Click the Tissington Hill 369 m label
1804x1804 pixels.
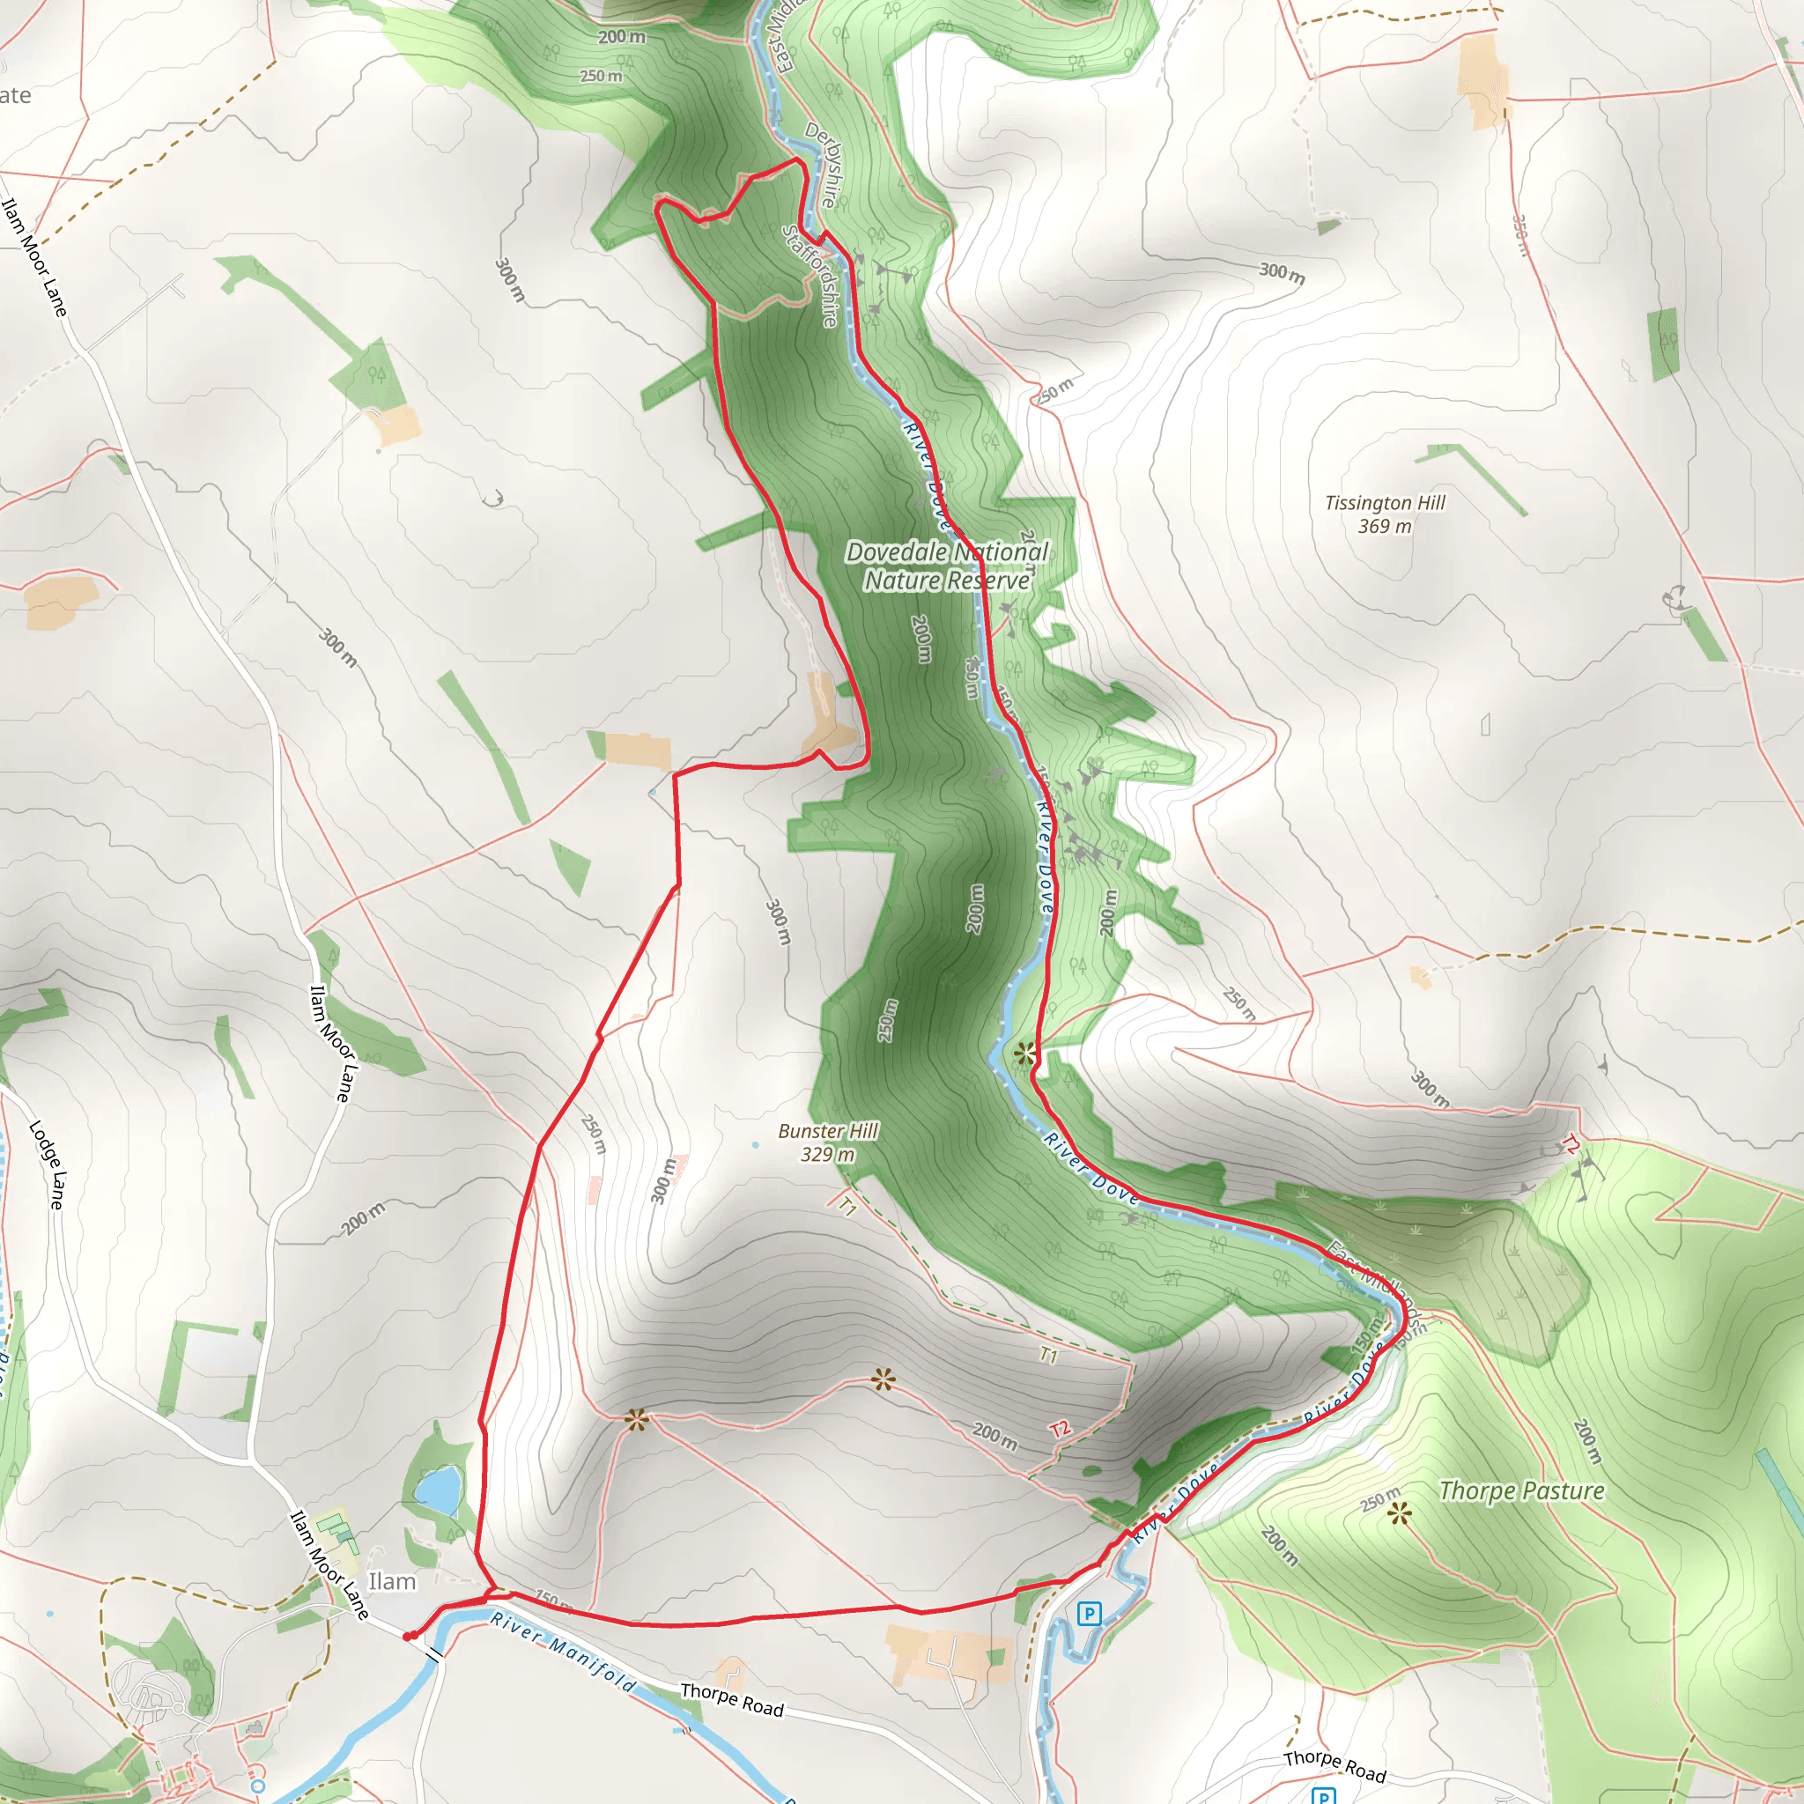pyautogui.click(x=1385, y=514)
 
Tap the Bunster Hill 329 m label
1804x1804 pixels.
pyautogui.click(x=828, y=1142)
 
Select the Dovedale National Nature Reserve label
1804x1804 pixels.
pyautogui.click(x=947, y=566)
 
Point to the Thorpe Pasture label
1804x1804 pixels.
pyautogui.click(x=1521, y=1490)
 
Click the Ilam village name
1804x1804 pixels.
pyautogui.click(x=392, y=1581)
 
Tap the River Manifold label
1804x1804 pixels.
pyautogui.click(x=563, y=1652)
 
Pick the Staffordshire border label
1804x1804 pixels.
pyautogui.click(x=810, y=276)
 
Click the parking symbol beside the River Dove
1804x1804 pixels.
pyautogui.click(x=1089, y=1613)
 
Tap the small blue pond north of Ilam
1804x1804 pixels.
pyautogui.click(x=438, y=1490)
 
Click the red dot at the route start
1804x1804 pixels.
pyautogui.click(x=408, y=1637)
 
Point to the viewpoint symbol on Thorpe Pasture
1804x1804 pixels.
pyautogui.click(x=1398, y=1513)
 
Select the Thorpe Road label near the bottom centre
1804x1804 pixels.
pyautogui.click(x=731, y=1699)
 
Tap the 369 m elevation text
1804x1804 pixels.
pyautogui.click(x=1385, y=527)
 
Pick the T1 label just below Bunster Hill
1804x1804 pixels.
pyautogui.click(x=847, y=1206)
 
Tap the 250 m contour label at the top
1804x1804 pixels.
pyautogui.click(x=601, y=76)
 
